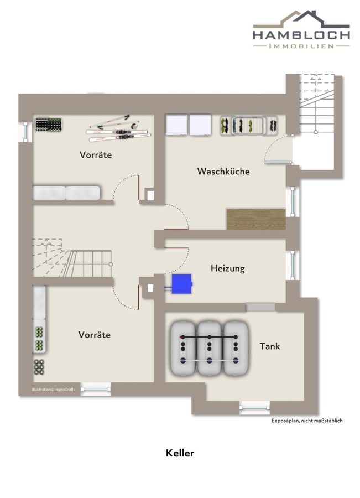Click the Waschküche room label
coord(223,171)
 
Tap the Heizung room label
coord(228,268)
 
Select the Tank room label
coord(270,346)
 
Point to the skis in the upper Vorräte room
coord(118,129)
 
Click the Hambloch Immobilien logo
coord(301,29)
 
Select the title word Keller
coord(180,453)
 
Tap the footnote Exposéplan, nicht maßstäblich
coord(307,421)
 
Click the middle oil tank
coord(209,348)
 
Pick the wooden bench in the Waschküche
coord(256,219)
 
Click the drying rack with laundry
coord(249,126)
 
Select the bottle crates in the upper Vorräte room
coord(48,124)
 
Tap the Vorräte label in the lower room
coord(94,335)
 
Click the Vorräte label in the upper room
coord(96,155)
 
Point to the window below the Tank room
coord(254,407)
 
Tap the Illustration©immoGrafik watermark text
coord(54,390)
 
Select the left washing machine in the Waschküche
coord(176,125)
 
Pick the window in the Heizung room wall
coord(293,265)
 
